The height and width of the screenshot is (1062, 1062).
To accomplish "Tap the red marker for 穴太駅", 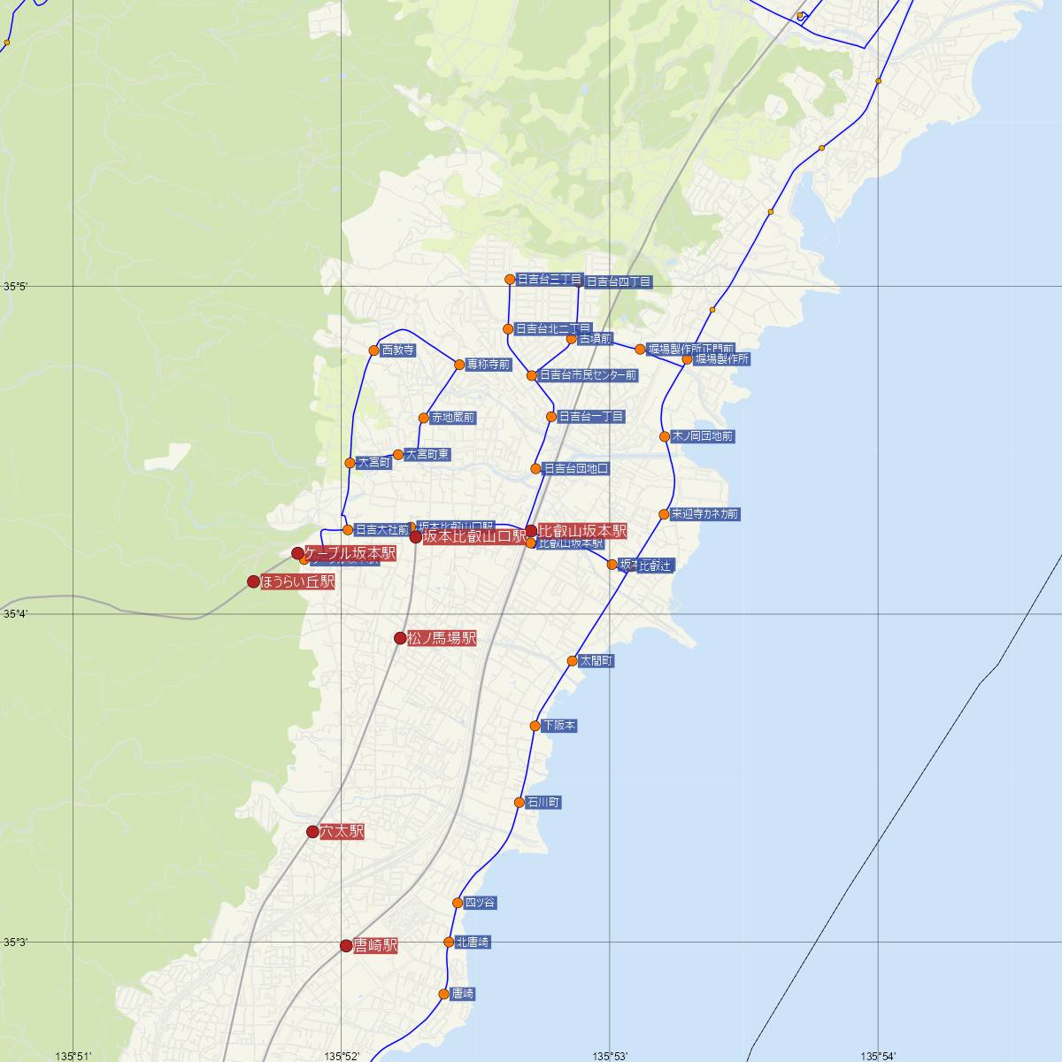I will click(x=312, y=831).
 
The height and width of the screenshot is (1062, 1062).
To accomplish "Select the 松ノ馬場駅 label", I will click(x=442, y=638).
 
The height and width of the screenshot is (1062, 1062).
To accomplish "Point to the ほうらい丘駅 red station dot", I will click(x=254, y=581).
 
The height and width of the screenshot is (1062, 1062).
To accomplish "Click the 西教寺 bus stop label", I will click(x=397, y=350).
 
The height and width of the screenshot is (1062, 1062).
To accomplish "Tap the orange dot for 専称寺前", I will click(x=459, y=365).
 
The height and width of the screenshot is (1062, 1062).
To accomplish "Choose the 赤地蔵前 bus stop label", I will click(x=453, y=418).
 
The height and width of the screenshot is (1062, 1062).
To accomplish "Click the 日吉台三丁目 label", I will click(x=549, y=280).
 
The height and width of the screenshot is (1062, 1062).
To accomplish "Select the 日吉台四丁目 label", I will click(x=619, y=282).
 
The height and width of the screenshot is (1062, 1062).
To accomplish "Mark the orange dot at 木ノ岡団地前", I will click(x=665, y=436).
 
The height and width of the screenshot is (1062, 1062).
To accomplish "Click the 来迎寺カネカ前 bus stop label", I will click(x=704, y=514).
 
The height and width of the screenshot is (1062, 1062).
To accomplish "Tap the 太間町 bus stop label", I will click(x=596, y=661).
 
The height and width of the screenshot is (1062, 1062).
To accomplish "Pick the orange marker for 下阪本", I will click(x=535, y=726).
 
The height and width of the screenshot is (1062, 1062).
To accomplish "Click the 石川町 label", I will click(x=543, y=803).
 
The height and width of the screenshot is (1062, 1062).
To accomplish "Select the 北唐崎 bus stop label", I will click(x=473, y=943).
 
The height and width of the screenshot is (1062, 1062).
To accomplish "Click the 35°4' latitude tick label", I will click(x=16, y=613).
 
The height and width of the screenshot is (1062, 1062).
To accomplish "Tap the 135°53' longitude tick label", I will click(x=610, y=1056).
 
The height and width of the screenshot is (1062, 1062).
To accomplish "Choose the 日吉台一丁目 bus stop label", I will click(x=591, y=417).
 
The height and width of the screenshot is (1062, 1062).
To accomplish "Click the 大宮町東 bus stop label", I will click(x=427, y=455).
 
